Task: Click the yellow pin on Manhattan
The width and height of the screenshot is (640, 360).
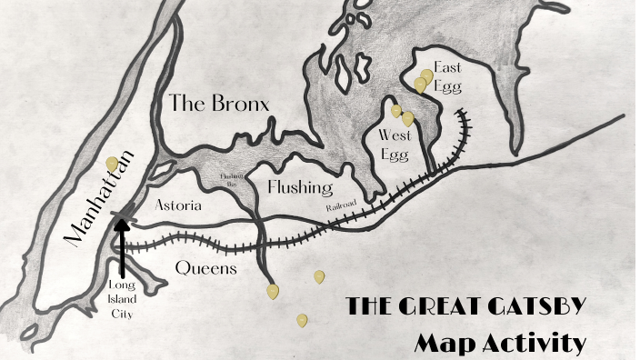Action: point(112,164)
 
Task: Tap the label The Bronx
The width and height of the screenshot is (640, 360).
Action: point(218,104)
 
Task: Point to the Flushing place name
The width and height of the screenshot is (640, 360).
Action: point(299,187)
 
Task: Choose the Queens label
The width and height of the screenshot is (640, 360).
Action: point(206,268)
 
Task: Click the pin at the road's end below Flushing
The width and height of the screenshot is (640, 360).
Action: point(273,292)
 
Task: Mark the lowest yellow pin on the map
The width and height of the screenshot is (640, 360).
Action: point(302,320)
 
